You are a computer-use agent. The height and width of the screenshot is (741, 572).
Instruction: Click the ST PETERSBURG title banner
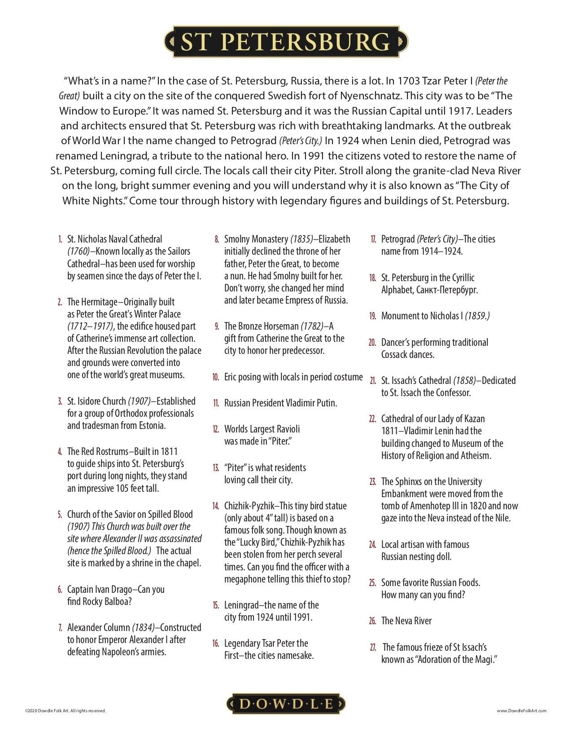[x=286, y=42]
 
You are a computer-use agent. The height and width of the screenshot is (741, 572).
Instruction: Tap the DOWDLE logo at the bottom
[x=286, y=703]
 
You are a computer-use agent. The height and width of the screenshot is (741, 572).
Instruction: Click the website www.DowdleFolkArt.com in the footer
[x=522, y=711]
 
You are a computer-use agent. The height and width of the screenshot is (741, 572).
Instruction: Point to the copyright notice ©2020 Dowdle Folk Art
[x=65, y=711]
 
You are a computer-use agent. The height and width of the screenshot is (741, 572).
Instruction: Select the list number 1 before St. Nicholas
[x=60, y=239]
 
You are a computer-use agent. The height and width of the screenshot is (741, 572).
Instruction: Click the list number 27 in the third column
[x=373, y=647]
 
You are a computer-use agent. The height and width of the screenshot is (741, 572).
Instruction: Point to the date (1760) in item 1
[x=79, y=251]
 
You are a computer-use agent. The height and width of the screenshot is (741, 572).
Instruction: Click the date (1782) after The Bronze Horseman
[x=311, y=326]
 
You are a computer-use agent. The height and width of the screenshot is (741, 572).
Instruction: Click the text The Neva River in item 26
[x=406, y=621]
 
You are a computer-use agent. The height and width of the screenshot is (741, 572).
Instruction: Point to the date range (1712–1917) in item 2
[x=91, y=326]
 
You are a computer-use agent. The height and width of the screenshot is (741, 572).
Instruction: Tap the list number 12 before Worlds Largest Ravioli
[x=216, y=429]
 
